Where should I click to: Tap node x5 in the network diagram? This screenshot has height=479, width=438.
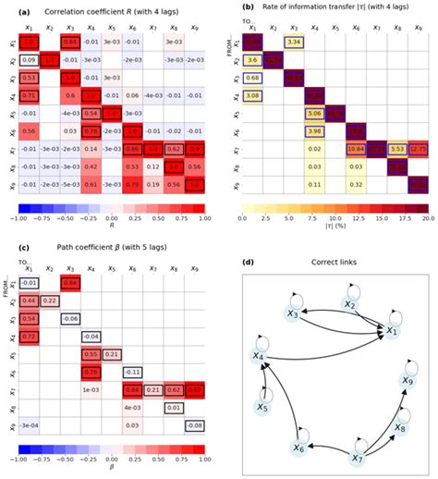(262, 407)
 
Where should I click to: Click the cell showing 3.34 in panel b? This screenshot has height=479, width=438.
(294, 43)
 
